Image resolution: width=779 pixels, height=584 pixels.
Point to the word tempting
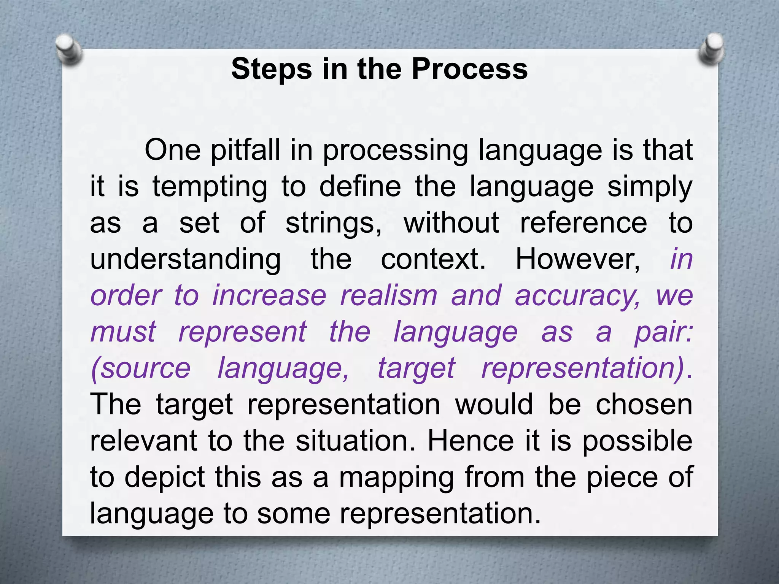210,187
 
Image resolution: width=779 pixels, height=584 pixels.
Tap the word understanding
186,259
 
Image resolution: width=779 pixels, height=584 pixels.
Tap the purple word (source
140,368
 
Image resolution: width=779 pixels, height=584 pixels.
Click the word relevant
143,441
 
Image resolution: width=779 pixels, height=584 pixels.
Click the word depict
165,478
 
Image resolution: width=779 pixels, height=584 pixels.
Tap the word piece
622,478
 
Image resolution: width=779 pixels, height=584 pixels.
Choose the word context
433,259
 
